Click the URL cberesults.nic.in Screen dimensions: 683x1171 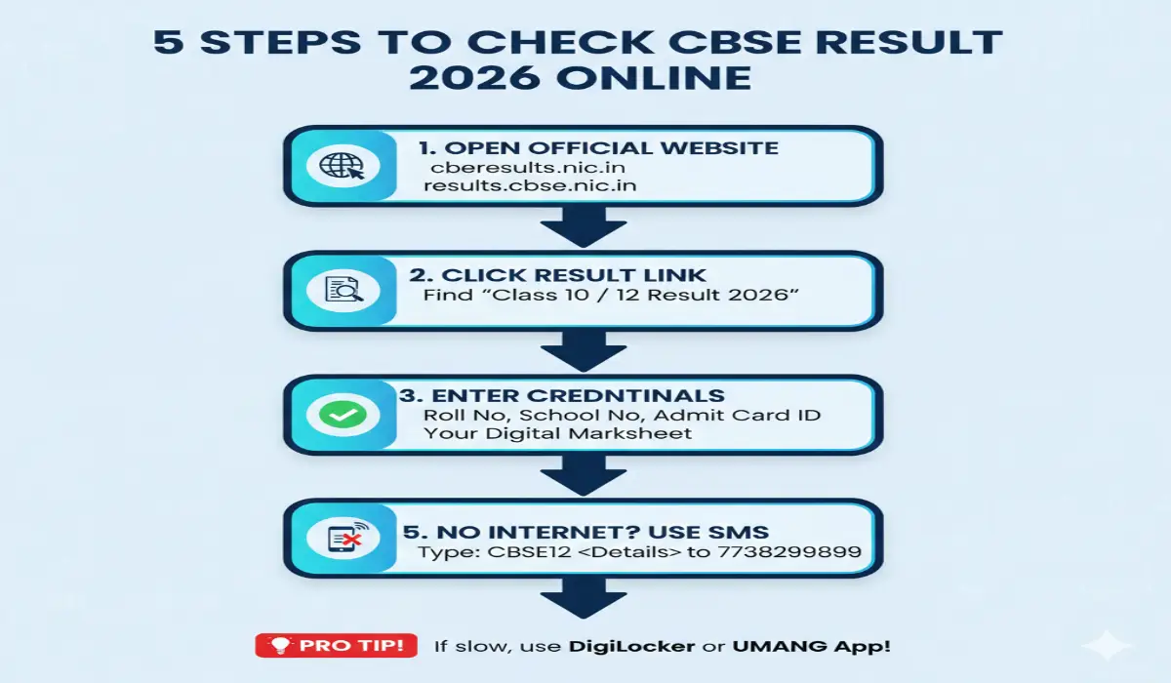click(522, 168)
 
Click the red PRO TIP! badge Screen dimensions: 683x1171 click(336, 645)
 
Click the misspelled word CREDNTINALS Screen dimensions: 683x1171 click(639, 395)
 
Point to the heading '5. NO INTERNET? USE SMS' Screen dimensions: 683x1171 click(585, 532)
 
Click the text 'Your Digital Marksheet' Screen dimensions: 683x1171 click(557, 433)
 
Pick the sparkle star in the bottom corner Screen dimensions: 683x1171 click(1111, 645)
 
